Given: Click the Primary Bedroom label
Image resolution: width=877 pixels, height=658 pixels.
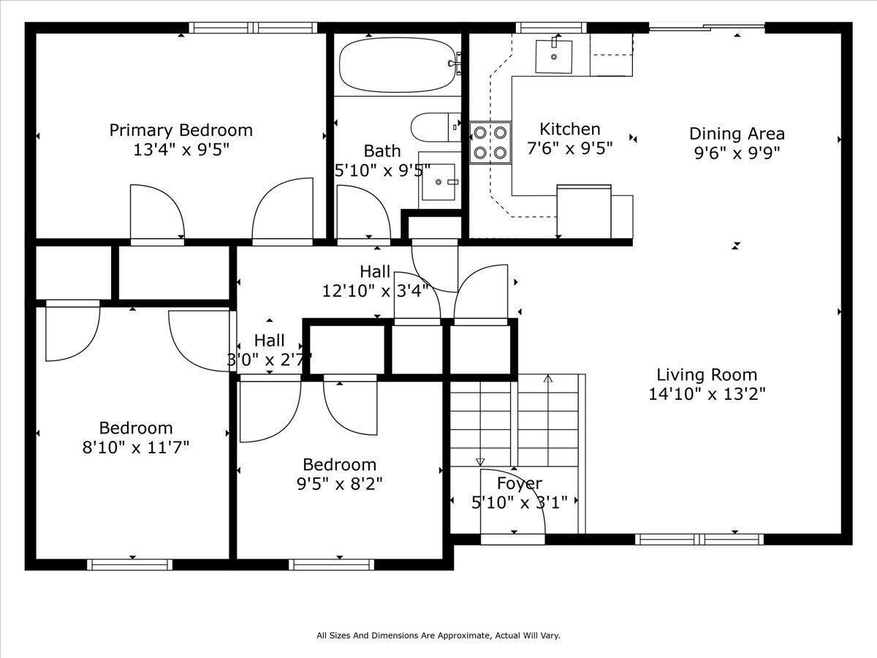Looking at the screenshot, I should pos(181,130).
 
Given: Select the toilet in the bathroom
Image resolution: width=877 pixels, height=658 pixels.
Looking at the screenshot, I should pos(436,127).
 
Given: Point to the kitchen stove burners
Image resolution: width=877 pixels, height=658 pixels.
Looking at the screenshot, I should pos(490,143).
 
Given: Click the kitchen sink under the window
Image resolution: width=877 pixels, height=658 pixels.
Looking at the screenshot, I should pos(554,56).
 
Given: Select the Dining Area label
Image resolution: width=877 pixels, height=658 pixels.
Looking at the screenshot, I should pos(737,134).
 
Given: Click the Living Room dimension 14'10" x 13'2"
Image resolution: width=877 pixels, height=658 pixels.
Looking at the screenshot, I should pos(702,394).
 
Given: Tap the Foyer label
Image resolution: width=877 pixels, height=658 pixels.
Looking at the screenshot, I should pos(519,483).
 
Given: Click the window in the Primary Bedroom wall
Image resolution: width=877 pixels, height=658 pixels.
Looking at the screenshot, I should pos(252,28).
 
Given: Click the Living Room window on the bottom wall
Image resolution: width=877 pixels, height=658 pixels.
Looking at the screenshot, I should pos(699,540).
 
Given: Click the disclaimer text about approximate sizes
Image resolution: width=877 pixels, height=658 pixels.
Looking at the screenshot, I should pos(438,636).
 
